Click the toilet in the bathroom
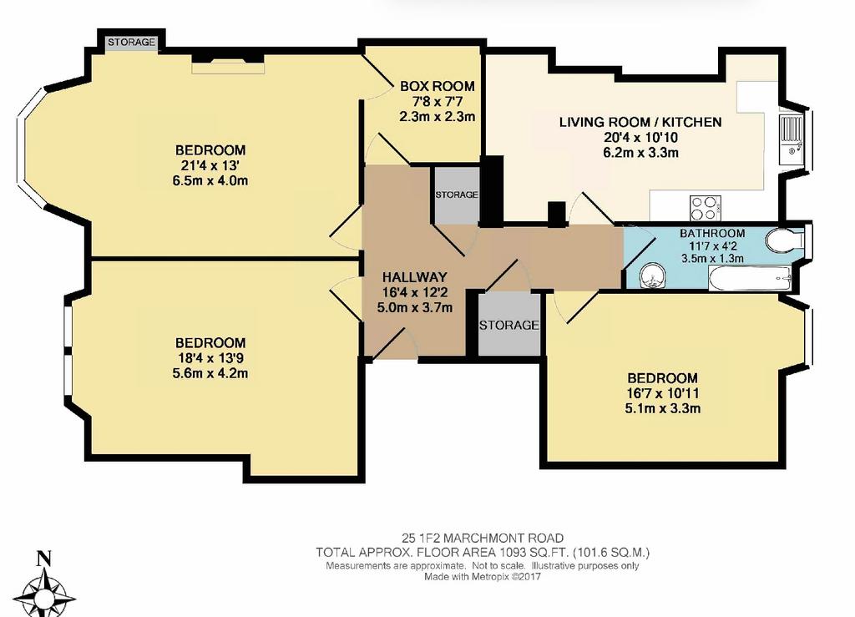pyautogui.click(x=784, y=240)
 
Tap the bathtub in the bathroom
pyautogui.click(x=751, y=279)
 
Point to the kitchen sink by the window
pyautogui.click(x=790, y=139)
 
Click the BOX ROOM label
pyautogui.click(x=438, y=86)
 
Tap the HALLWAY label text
pyautogui.click(x=414, y=277)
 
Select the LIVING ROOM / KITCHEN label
pyautogui.click(x=640, y=122)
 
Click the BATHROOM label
pyautogui.click(x=712, y=233)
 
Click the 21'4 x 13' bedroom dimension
pyautogui.click(x=210, y=165)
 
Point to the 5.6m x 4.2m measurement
pyautogui.click(x=210, y=373)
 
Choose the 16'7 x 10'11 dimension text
pyautogui.click(x=662, y=393)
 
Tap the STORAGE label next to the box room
pyautogui.click(x=457, y=195)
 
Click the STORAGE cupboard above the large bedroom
pyautogui.click(x=131, y=42)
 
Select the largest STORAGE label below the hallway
pyautogui.click(x=509, y=325)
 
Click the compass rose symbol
pyautogui.click(x=44, y=595)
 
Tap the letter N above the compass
pyautogui.click(x=44, y=559)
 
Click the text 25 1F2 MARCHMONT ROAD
pyautogui.click(x=483, y=539)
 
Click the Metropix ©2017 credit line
pyautogui.click(x=483, y=577)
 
